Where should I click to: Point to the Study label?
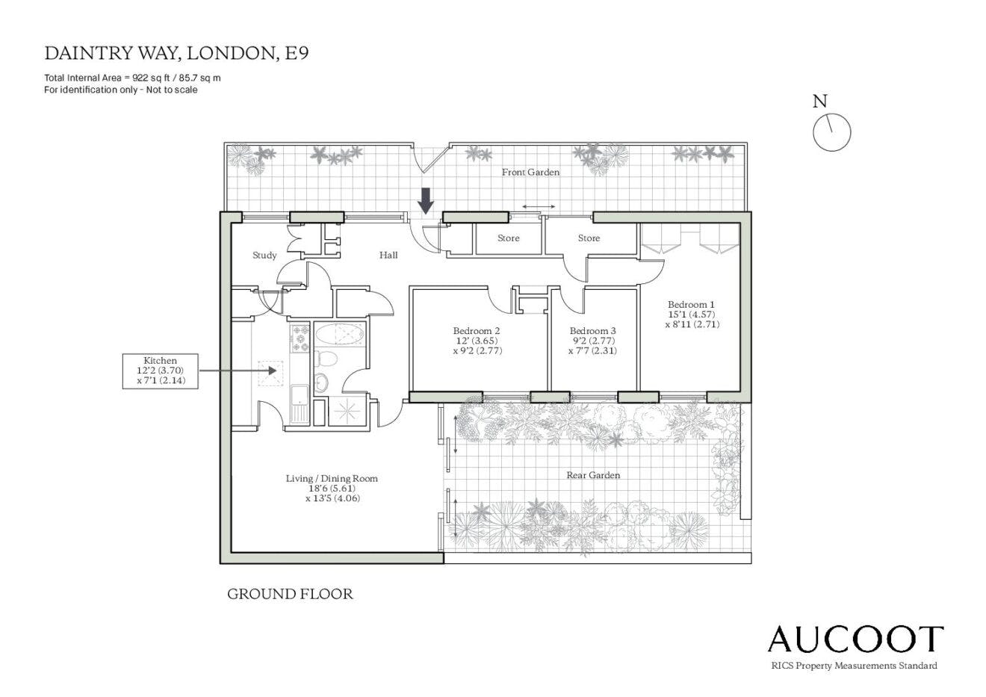pos(264,255)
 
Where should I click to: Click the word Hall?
pos(388,255)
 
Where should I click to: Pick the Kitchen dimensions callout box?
pos(160,371)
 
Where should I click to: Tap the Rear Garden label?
pos(593,475)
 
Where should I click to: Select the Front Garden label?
pos(530,172)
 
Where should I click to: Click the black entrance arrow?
pos(426,201)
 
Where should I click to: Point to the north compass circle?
pos(831,132)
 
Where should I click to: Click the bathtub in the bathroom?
pos(340,335)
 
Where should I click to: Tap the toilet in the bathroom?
pos(325,359)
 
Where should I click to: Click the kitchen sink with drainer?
pos(300,403)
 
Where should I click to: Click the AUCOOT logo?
pos(855,639)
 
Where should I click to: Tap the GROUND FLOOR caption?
pos(290,594)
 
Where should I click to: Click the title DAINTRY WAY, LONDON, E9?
pos(176,53)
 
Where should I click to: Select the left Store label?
pos(509,238)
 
